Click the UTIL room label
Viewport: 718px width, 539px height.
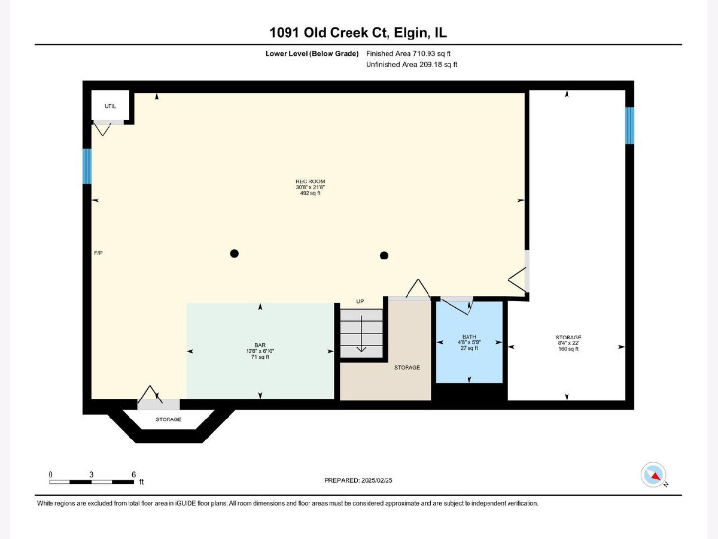[110, 106]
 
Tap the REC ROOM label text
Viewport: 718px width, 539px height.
[310, 181]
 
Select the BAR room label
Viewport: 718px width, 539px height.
[260, 345]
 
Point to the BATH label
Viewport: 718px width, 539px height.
[469, 337]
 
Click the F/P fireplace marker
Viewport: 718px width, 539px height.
[98, 253]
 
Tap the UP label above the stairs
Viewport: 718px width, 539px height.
[360, 301]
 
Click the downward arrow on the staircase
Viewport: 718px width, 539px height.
[361, 334]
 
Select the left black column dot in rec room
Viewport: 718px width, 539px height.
[234, 253]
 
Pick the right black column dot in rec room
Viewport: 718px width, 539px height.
[384, 255]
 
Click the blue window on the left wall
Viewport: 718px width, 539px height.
[87, 166]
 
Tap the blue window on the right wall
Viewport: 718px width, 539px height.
[629, 126]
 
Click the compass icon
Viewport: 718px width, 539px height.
[653, 474]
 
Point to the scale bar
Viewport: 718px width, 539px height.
[92, 482]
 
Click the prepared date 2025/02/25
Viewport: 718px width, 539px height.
[376, 480]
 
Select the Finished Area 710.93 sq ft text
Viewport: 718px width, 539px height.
[408, 53]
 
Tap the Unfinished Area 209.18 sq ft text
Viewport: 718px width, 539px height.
[412, 65]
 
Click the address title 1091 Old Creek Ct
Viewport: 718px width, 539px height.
[328, 33]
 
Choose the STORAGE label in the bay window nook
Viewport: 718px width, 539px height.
[168, 419]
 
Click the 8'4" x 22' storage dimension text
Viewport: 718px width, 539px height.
[568, 343]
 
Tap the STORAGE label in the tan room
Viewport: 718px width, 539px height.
[407, 368]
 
